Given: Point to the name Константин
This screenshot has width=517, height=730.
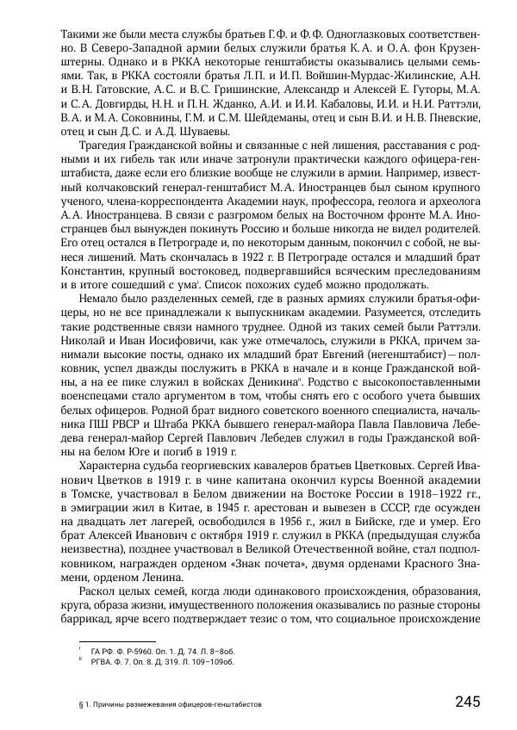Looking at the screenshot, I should (93, 269).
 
